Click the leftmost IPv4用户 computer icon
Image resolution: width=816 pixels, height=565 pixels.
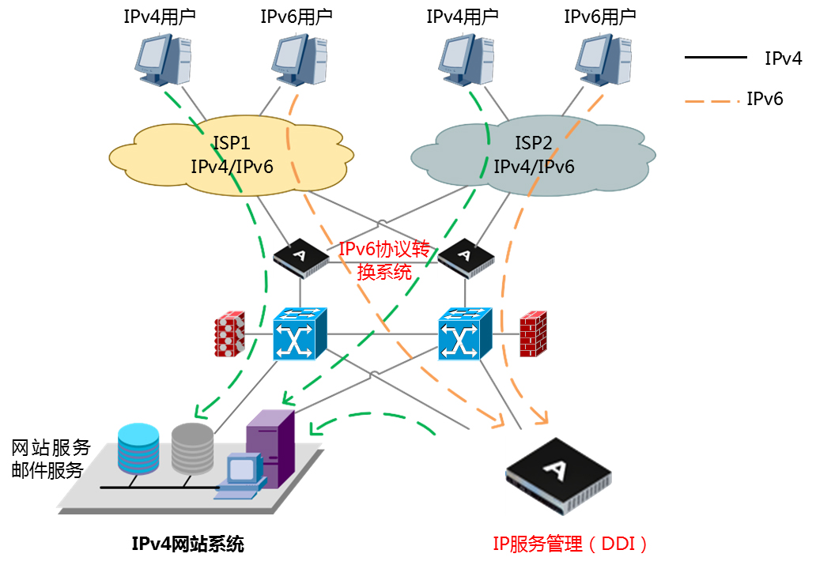163,60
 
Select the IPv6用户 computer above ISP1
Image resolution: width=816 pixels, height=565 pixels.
300,60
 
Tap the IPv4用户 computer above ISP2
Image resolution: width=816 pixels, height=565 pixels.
467,60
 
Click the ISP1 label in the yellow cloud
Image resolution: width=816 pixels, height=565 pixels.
232,143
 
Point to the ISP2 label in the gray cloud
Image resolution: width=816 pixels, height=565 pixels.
534,143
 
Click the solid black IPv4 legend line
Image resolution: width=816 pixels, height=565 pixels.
715,58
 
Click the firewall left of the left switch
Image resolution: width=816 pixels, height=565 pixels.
229,333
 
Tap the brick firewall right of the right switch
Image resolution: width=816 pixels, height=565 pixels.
533,334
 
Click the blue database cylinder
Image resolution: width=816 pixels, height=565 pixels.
138,449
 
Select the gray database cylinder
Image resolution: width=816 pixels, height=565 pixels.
192,449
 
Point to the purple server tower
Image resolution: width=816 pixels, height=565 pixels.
270,446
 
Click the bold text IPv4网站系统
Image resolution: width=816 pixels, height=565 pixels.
187,544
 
